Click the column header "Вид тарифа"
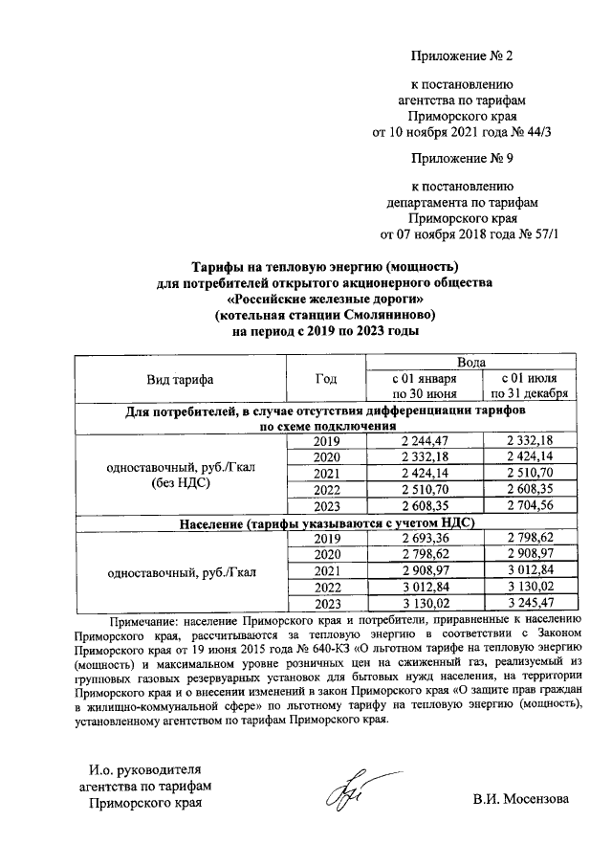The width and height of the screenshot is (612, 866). (180, 379)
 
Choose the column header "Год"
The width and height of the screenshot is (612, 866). (326, 379)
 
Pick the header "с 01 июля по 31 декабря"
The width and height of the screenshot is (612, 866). (530, 386)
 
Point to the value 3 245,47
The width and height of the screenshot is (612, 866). (530, 603)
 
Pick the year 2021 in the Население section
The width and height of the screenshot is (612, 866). (326, 570)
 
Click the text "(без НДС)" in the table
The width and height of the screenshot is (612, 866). (180, 483)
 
